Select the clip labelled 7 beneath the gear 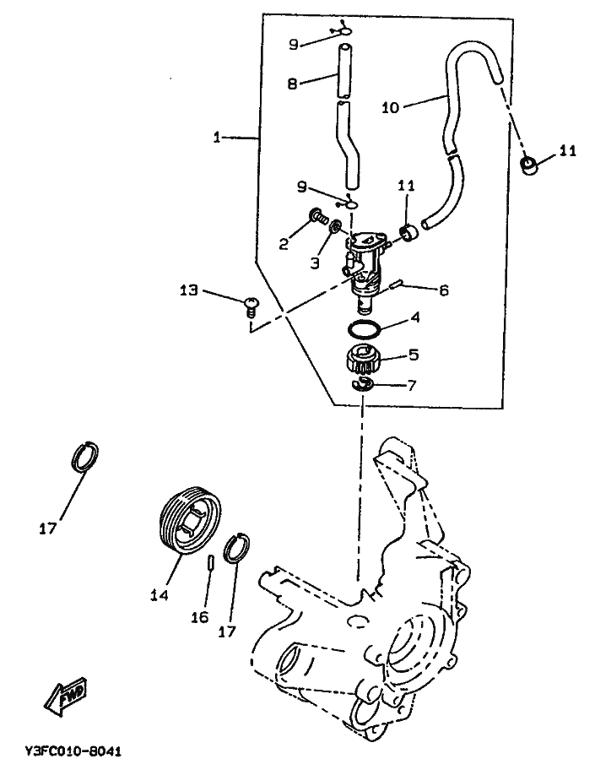point(363,383)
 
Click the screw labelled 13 point(251,305)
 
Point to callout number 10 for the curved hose point(390,107)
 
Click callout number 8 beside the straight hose point(292,84)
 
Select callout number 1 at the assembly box point(216,137)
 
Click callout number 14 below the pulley point(160,595)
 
